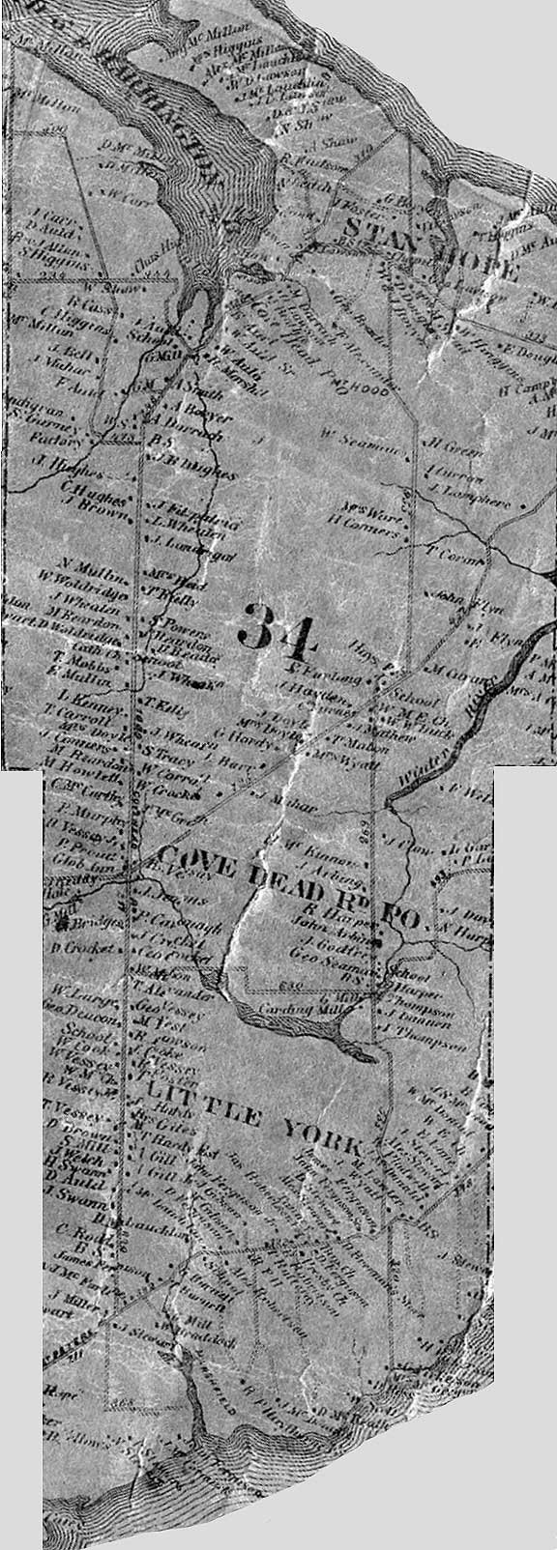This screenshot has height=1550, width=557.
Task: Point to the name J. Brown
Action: [x=81, y=502]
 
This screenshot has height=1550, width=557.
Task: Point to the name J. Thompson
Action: [x=421, y=1029]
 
